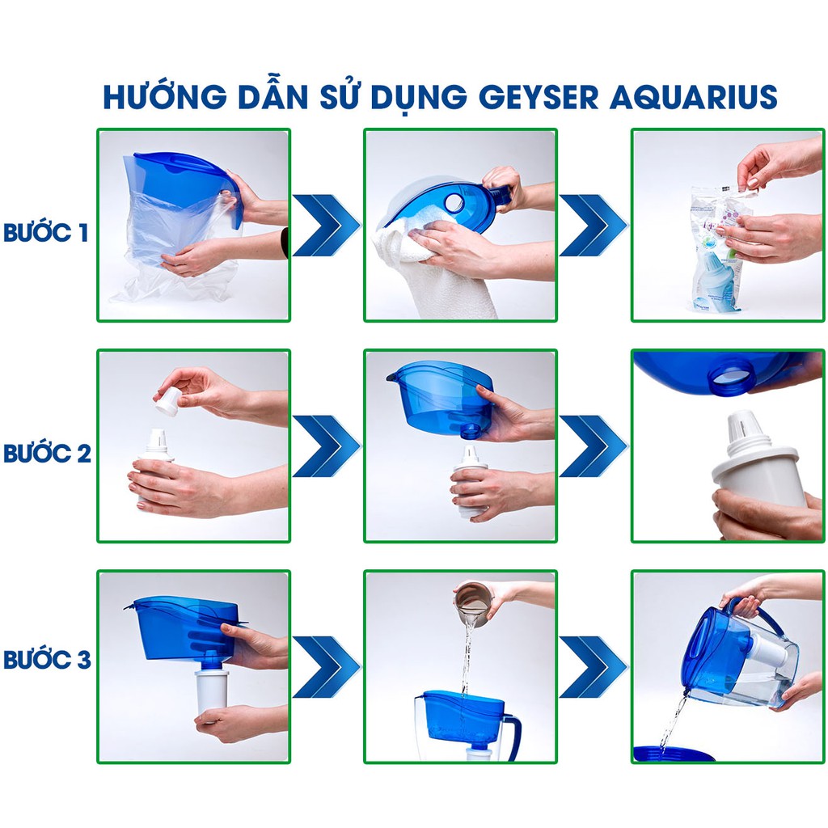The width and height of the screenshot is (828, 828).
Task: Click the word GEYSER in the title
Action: [539, 97]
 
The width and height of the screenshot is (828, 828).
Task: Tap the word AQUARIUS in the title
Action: [693, 97]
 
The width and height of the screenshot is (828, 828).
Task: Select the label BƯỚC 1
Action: [45, 232]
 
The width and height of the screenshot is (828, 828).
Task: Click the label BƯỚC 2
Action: [47, 453]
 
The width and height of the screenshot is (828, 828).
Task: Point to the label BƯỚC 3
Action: [47, 659]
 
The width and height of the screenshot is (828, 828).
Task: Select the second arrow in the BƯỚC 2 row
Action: [594, 446]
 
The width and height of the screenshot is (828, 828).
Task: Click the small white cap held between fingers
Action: [167, 401]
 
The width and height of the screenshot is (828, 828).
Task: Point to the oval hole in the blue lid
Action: [454, 203]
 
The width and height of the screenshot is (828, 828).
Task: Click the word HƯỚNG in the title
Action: [165, 96]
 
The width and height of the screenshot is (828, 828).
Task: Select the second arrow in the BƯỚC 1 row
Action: [594, 226]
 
